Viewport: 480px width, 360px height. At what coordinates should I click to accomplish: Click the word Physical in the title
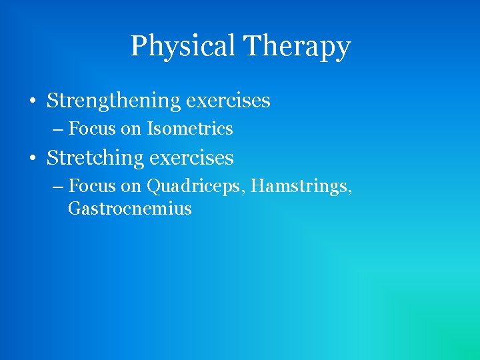tap(183, 47)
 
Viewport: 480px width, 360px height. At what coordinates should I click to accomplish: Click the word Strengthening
tap(114, 101)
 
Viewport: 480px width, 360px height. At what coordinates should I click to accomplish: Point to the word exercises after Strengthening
tap(229, 101)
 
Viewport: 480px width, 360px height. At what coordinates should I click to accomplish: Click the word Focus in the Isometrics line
tap(92, 128)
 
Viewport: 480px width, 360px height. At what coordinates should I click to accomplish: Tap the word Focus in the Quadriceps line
tap(92, 186)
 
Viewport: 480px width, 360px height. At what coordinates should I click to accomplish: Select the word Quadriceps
tap(195, 186)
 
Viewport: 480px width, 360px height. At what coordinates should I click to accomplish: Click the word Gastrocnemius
tap(129, 209)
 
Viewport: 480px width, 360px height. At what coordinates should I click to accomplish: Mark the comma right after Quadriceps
tap(247, 192)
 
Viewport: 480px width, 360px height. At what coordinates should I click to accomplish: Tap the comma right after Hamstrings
tap(350, 192)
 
